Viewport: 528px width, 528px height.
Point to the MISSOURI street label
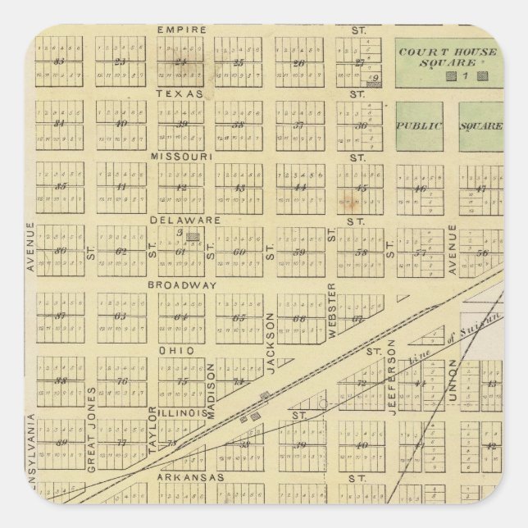pos(182,156)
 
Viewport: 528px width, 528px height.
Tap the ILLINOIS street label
pos(183,413)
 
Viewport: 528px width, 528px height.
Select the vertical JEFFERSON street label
pos(392,376)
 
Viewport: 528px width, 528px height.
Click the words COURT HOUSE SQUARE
pos(448,57)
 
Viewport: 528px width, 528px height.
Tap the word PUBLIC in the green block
pos(420,126)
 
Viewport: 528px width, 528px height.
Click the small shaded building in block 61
pos(193,236)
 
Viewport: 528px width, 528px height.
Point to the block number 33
pos(58,61)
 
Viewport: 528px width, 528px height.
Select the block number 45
pos(360,188)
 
